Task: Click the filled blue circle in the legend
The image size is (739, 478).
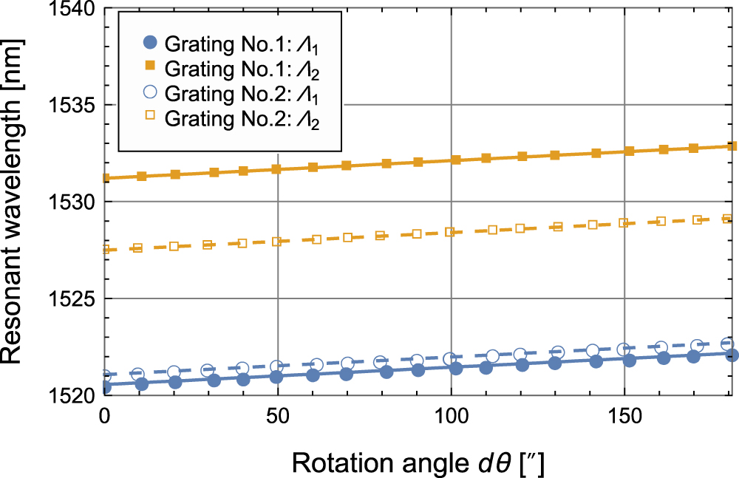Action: (147, 43)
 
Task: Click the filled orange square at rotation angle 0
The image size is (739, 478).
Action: (105, 178)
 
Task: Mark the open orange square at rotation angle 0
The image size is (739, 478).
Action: (105, 250)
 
